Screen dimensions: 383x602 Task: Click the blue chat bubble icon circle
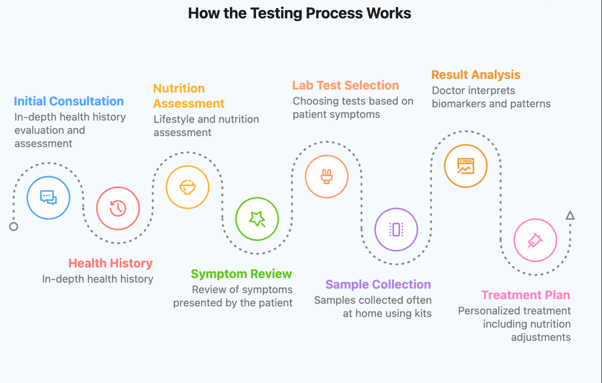48,197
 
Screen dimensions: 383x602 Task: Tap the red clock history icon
118,208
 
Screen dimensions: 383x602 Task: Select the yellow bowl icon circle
187,187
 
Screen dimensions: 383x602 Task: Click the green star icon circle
257,219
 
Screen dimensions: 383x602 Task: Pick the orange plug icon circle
327,176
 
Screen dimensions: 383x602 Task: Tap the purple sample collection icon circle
396,229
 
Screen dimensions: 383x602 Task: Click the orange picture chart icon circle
466,166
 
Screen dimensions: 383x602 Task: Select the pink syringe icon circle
535,240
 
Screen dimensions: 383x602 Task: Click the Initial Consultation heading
69,101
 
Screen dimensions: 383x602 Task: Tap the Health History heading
110,263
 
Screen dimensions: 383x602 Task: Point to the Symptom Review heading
241,274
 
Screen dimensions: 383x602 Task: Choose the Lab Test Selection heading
345,85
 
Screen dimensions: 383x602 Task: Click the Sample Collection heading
378,284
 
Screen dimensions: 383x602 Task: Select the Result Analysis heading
476,75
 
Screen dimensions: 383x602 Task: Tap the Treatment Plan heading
526,295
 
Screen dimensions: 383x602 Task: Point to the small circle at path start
14,226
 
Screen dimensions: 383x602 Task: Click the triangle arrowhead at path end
570,216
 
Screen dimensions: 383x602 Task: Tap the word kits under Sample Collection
423,313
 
